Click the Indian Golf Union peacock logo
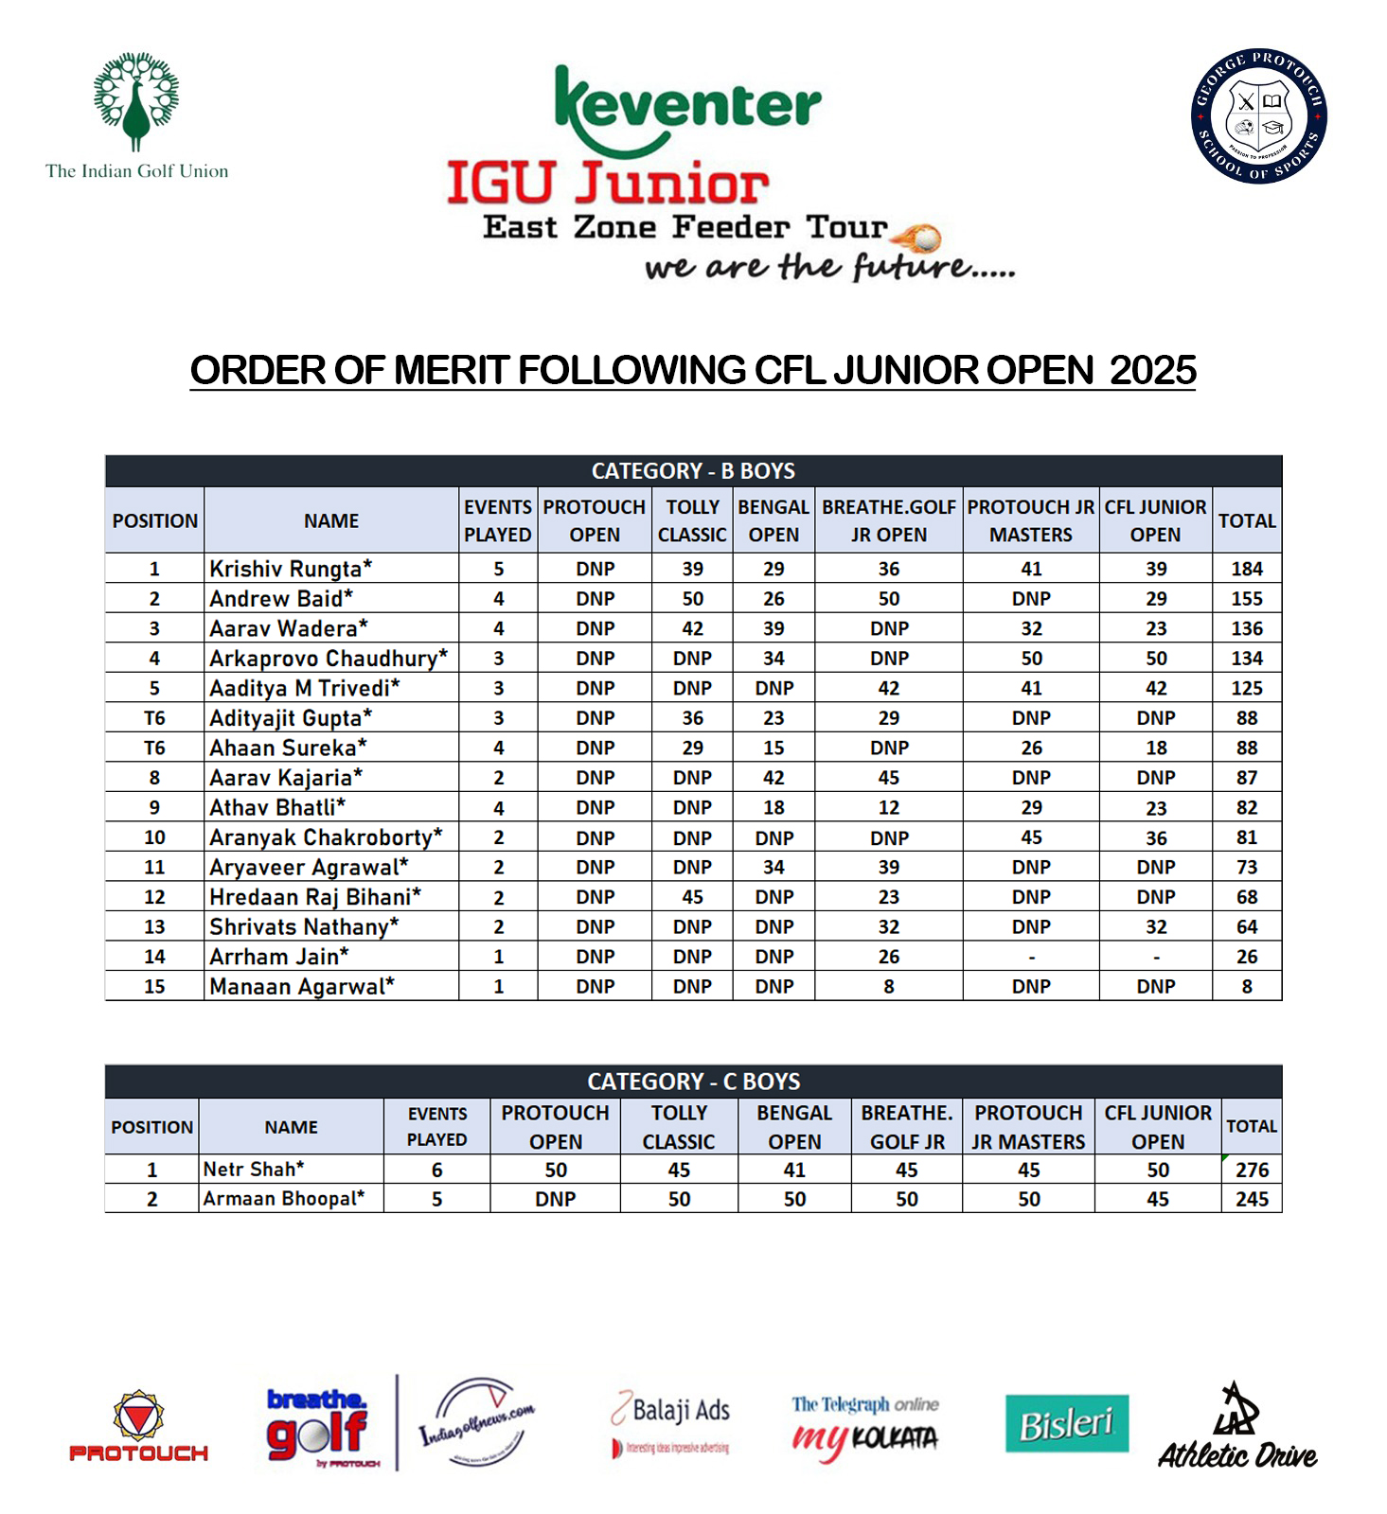click(136, 102)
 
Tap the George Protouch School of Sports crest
click(1258, 116)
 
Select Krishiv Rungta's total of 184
click(1246, 569)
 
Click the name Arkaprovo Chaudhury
click(328, 658)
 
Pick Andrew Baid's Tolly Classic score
click(692, 598)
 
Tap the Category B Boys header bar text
click(693, 471)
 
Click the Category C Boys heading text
click(693, 1081)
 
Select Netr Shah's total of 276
click(1251, 1170)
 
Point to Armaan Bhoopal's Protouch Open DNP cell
click(555, 1199)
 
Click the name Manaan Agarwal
click(301, 986)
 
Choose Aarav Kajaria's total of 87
click(1246, 778)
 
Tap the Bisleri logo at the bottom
click(1066, 1423)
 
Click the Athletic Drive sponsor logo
click(1236, 1429)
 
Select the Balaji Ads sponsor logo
click(671, 1422)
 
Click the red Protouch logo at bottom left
click(138, 1428)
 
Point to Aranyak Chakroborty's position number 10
click(154, 837)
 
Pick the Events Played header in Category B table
click(498, 520)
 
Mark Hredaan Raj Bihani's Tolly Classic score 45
click(692, 897)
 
